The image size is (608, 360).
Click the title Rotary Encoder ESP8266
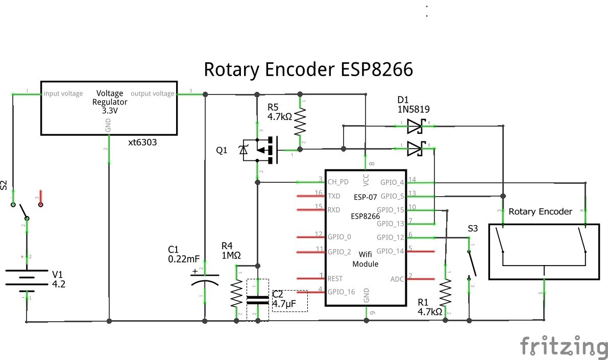point(308,69)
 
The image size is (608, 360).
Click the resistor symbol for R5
point(300,122)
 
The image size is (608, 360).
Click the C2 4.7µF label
point(285,299)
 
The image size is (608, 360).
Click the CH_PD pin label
point(338,181)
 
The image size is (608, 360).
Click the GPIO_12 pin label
point(391,237)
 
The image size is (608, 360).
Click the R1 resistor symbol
point(446,292)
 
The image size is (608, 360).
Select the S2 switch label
point(5,185)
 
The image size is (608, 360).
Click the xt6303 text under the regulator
point(142,143)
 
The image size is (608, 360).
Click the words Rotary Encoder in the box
point(540,211)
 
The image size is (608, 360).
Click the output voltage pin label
point(153,93)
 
